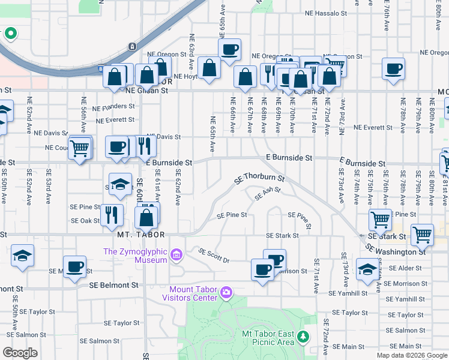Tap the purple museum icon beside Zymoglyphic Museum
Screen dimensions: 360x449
coord(176,256)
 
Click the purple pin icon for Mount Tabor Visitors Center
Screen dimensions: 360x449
coord(226,293)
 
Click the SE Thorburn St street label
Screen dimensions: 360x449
coord(258,178)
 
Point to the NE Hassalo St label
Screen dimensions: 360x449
coord(325,13)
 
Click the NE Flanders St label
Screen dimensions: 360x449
coord(113,106)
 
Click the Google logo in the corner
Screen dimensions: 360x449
coord(20,353)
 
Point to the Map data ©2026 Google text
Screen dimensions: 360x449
coord(412,355)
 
